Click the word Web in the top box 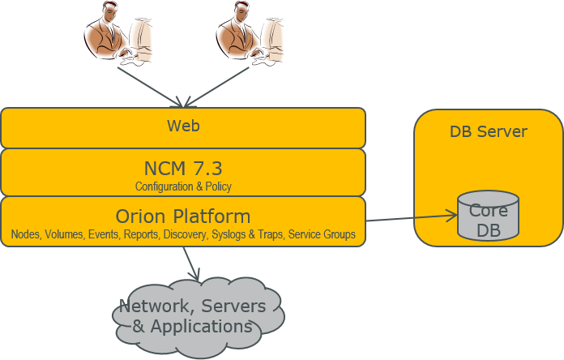[x=183, y=126]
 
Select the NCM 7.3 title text [x=183, y=168]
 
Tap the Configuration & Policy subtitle [x=183, y=186]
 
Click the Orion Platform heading [x=183, y=216]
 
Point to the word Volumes [x=64, y=235]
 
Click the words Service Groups [x=322, y=235]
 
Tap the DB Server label [x=488, y=131]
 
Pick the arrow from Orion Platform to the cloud [x=191, y=264]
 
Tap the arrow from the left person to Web [x=150, y=86]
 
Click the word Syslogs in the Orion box [x=229, y=235]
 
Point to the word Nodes [x=25, y=235]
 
